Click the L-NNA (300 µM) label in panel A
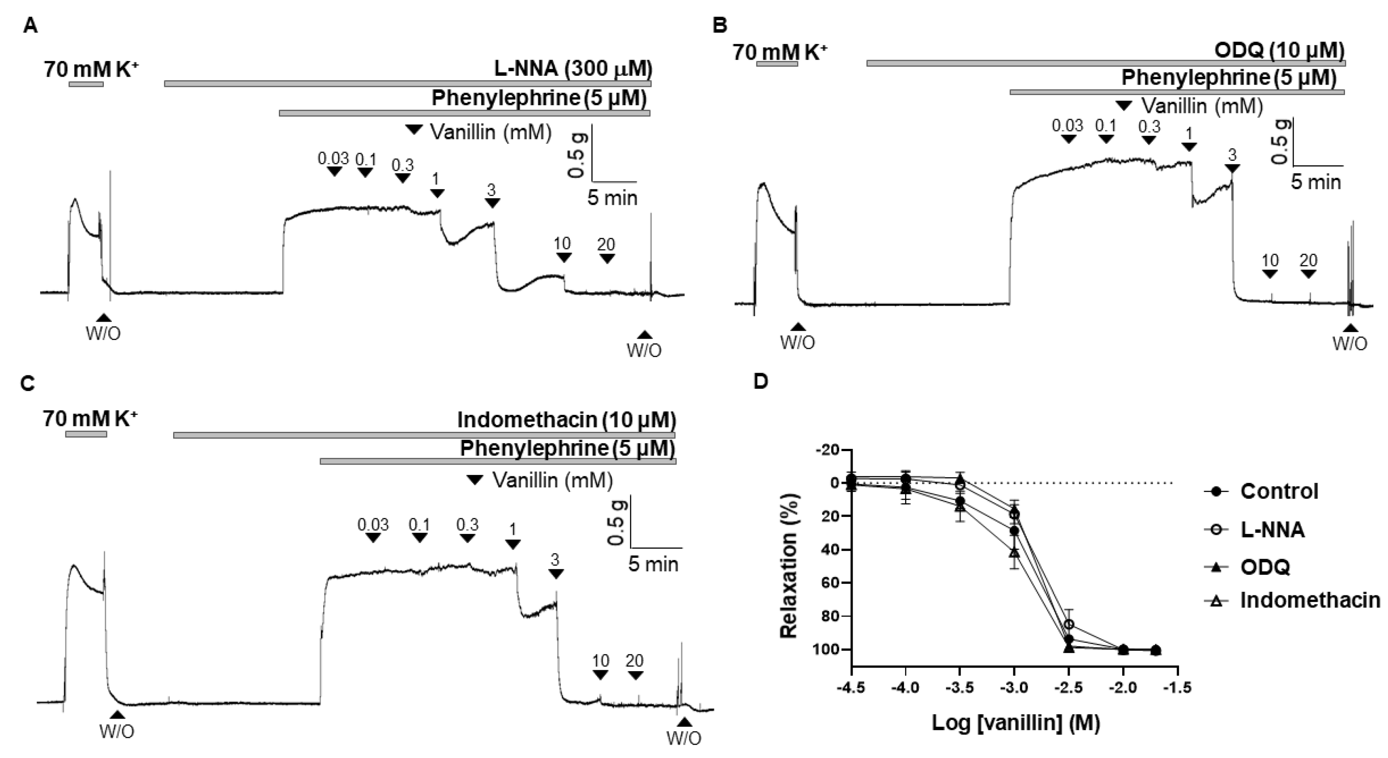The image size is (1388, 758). pyautogui.click(x=573, y=69)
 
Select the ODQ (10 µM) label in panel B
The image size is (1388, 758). pyautogui.click(x=1279, y=51)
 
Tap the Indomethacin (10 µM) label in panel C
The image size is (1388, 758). pyautogui.click(x=566, y=419)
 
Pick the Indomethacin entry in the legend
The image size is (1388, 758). pyautogui.click(x=1310, y=600)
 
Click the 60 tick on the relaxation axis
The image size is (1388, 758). pyautogui.click(x=831, y=583)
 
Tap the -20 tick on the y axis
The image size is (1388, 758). pyautogui.click(x=829, y=450)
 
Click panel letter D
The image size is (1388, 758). pyautogui.click(x=760, y=382)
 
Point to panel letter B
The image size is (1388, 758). pyautogui.click(x=720, y=26)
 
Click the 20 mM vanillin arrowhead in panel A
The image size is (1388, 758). pyautogui.click(x=607, y=259)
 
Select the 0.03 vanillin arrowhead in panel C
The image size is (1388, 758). pyautogui.click(x=373, y=538)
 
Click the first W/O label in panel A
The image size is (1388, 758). pyautogui.click(x=103, y=334)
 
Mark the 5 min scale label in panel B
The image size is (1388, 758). pyautogui.click(x=1315, y=182)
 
